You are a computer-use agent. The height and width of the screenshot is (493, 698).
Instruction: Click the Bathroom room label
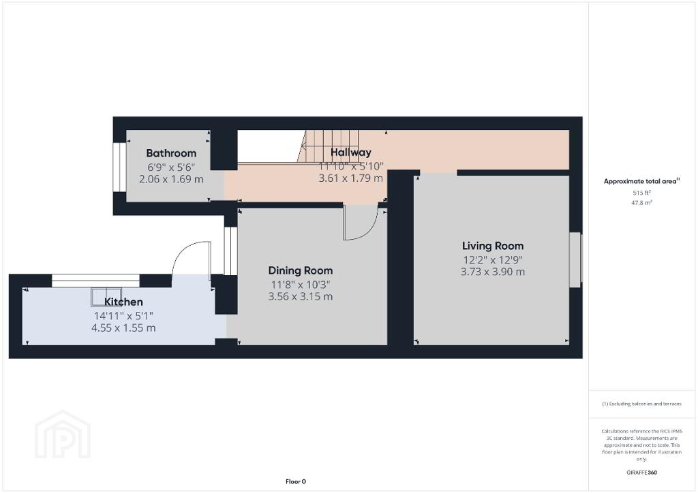(x=171, y=153)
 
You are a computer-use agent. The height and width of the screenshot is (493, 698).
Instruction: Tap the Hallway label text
(x=351, y=153)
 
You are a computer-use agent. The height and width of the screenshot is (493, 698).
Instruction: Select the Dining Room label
(x=301, y=270)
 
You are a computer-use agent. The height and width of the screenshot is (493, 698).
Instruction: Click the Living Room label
(x=493, y=246)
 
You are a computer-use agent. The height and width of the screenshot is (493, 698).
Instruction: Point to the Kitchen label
(x=123, y=302)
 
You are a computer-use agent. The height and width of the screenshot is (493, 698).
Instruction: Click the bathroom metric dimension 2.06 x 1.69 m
(x=171, y=179)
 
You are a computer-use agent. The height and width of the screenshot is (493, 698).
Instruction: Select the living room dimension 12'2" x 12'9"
(x=493, y=259)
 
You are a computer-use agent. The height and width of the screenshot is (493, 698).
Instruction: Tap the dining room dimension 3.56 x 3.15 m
(x=301, y=296)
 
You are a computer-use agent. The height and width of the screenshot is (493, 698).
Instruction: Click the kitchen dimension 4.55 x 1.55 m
(x=123, y=328)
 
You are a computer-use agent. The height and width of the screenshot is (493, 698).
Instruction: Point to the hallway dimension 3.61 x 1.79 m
(x=351, y=178)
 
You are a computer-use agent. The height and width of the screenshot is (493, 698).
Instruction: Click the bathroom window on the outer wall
(x=119, y=167)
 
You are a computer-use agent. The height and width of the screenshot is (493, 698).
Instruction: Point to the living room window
(x=575, y=259)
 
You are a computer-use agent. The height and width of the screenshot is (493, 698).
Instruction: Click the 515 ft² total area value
(x=641, y=193)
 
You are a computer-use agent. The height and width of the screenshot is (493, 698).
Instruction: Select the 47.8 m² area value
(x=641, y=203)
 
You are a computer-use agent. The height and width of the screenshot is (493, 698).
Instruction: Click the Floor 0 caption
(x=296, y=481)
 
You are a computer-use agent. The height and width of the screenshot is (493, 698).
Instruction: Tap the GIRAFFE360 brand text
(x=641, y=473)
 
